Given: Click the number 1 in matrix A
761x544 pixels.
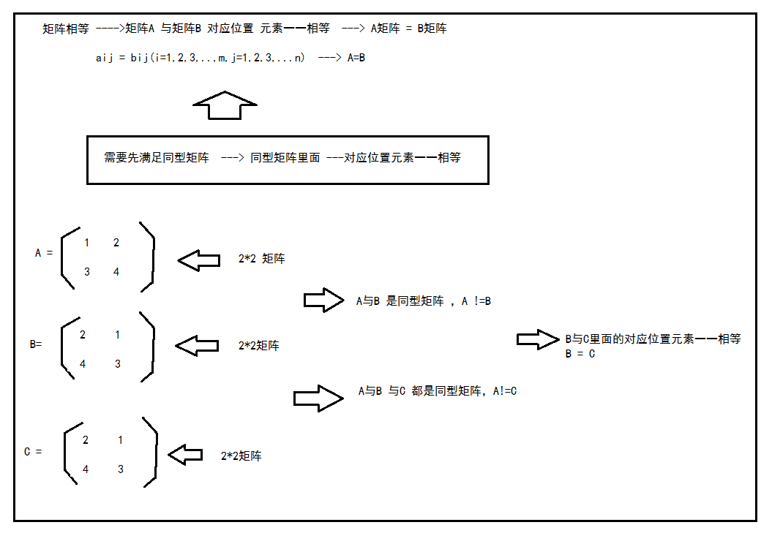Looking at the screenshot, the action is (x=87, y=243).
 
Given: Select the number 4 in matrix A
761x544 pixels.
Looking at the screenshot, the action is (x=116, y=272).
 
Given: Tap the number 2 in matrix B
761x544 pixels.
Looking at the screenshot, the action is (x=83, y=335).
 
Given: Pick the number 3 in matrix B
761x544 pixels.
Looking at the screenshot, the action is (x=118, y=363).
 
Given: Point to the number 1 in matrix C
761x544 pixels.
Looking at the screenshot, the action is (x=121, y=440).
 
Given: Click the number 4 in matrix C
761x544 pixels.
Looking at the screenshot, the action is (x=86, y=469).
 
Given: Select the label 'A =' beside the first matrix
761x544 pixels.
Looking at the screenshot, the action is (x=44, y=253).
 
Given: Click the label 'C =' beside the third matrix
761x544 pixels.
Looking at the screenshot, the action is (x=33, y=452).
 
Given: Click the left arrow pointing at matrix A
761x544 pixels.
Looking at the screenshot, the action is (x=198, y=260).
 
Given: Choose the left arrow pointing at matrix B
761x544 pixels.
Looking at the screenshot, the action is (x=198, y=346).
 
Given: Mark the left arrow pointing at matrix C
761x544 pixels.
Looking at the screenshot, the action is (x=185, y=455).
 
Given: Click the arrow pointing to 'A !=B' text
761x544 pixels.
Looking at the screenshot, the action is (x=323, y=300).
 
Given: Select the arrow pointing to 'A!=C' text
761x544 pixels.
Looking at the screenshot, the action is (x=318, y=398).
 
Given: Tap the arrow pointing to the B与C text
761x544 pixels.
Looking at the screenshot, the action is (x=537, y=339).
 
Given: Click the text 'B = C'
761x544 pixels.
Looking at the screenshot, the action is (x=580, y=354).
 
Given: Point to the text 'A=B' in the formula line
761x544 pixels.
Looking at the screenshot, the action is (x=356, y=57).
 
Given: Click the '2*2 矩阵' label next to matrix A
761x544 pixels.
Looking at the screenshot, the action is (x=262, y=259).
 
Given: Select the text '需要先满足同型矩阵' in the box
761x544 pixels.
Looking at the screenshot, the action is (x=157, y=157).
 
